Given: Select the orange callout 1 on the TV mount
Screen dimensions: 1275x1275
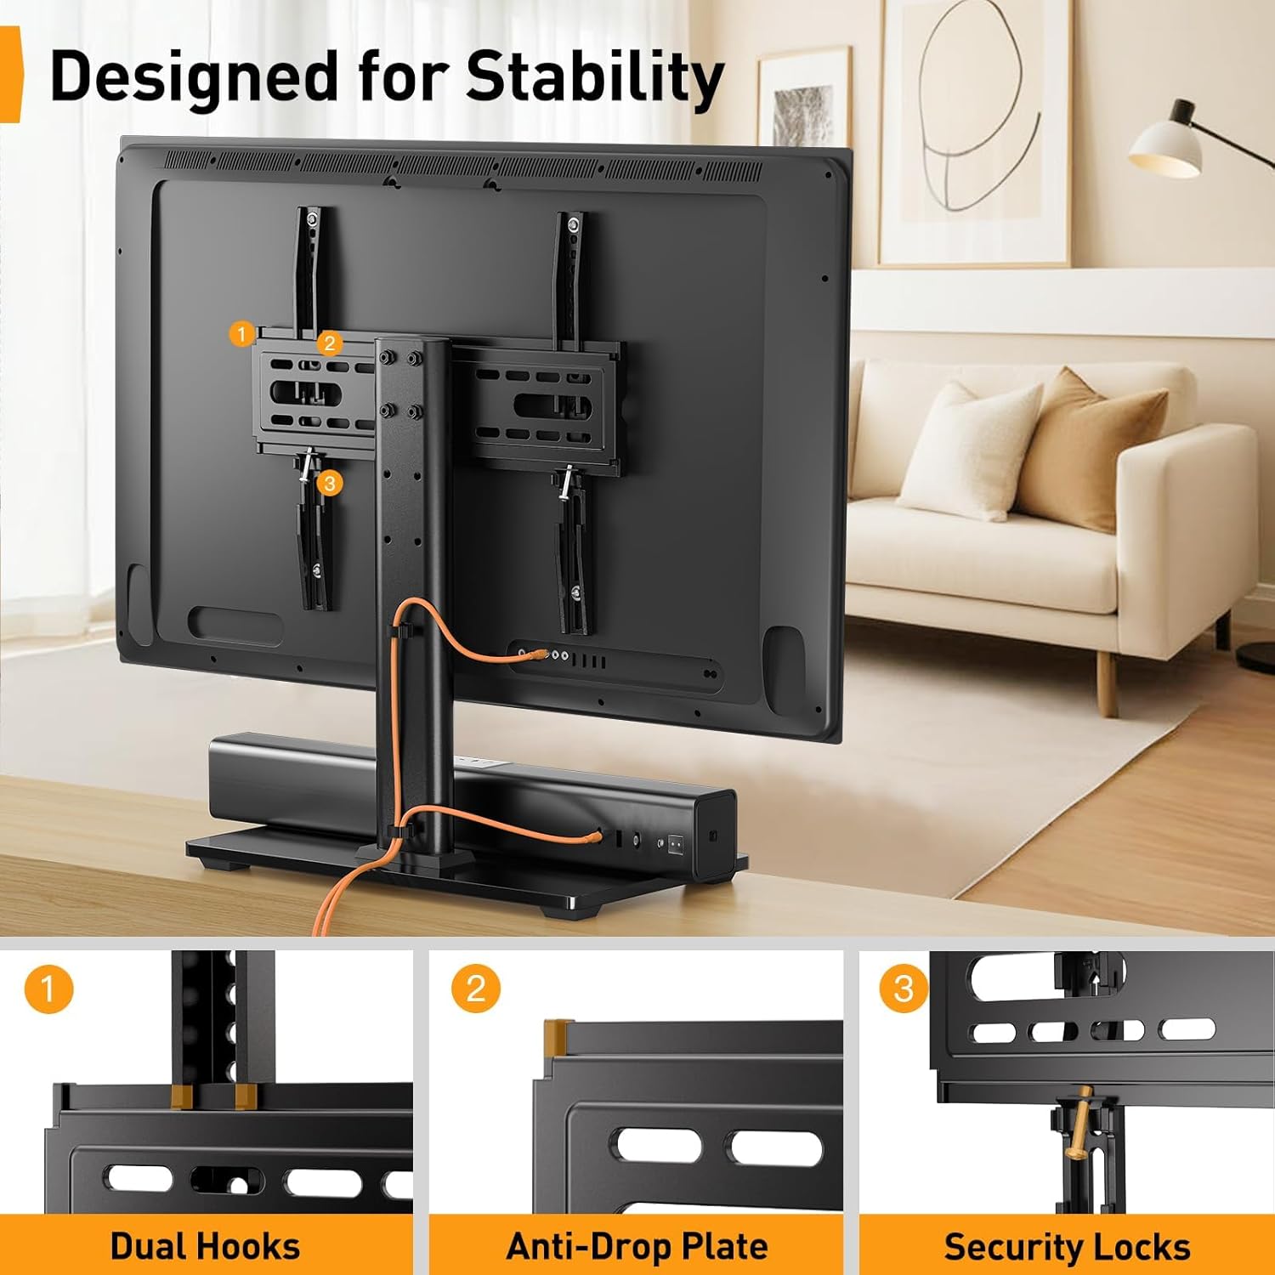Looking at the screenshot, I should (x=242, y=334).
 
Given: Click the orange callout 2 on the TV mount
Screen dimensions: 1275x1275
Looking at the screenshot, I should (x=330, y=343).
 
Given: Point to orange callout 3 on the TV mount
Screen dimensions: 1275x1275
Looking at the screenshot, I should (x=330, y=484).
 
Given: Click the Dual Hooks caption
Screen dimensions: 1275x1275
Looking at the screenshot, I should (x=205, y=1246).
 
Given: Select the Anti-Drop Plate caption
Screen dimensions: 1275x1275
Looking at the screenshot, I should (x=637, y=1246).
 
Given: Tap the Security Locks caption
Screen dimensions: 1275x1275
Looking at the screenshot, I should (x=1067, y=1246).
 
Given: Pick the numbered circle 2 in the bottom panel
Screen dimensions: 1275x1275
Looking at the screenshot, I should (x=476, y=989).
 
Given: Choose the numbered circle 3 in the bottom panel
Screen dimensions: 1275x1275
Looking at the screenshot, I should (x=904, y=989).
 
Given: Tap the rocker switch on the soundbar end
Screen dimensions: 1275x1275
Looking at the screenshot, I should (x=676, y=844).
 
